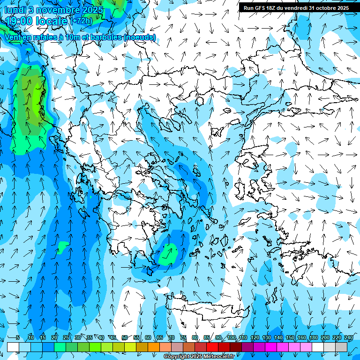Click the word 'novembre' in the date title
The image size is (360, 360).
[x=51, y=10]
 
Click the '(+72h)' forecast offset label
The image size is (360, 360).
[x=82, y=21]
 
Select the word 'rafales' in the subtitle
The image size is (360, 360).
[x=40, y=37]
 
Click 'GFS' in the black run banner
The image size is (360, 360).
[x=261, y=8]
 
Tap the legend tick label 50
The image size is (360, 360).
[x=125, y=337]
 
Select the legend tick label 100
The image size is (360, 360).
[x=231, y=337]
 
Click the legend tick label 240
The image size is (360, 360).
[x=348, y=337]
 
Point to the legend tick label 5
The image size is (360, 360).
[x=18, y=337]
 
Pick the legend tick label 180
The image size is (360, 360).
[x=313, y=337]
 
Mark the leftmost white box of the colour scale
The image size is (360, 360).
[x=13, y=347]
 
